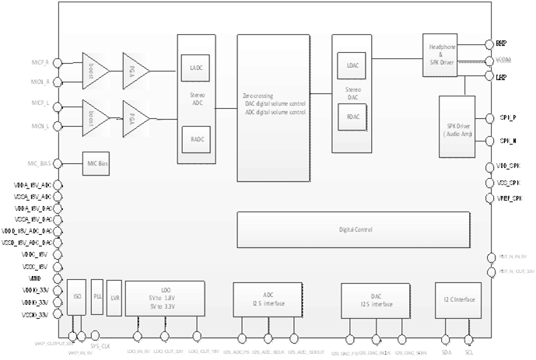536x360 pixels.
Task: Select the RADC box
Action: point(194,140)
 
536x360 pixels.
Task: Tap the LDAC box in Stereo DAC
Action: point(347,67)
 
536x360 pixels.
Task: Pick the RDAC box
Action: point(347,116)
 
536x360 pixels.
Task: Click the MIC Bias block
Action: point(97,164)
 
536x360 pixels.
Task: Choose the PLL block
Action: point(97,297)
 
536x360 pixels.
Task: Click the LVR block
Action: point(114,297)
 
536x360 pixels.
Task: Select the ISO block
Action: point(76,297)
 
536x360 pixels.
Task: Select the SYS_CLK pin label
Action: point(100,344)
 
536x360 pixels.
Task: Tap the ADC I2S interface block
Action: point(267,299)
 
